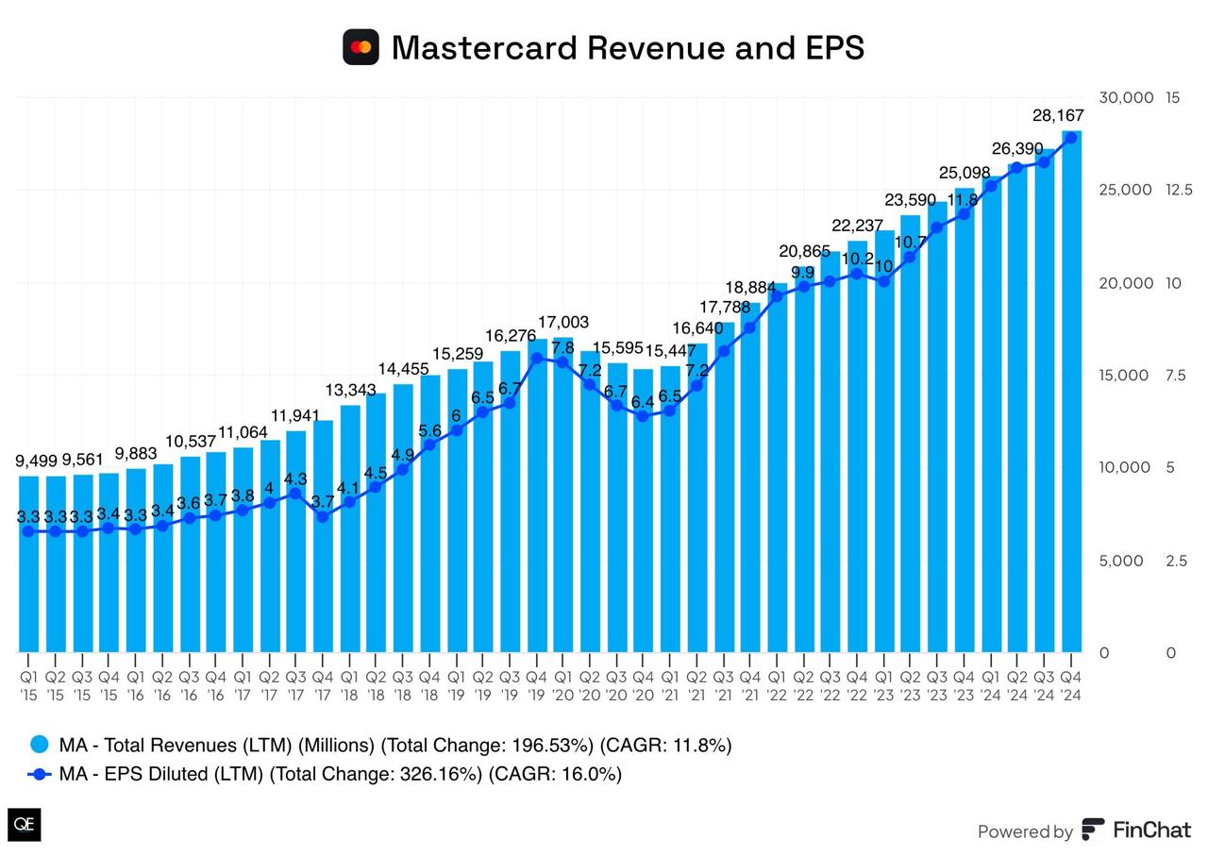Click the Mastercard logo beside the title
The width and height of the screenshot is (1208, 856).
361,47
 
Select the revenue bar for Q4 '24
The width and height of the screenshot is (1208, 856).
1071,396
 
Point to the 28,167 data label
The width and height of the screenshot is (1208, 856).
1058,116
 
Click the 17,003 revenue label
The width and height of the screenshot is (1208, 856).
563,323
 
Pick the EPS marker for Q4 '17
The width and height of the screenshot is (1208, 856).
323,516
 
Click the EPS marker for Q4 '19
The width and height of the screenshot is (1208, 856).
536,358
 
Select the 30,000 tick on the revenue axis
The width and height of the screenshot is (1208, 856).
1126,97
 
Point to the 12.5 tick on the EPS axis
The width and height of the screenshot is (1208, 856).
1179,190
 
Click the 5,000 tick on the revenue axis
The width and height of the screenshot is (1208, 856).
1122,561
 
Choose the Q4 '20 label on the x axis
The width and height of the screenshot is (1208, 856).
643,686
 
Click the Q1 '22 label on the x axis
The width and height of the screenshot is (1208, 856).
777,686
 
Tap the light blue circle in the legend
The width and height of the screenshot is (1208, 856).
40,745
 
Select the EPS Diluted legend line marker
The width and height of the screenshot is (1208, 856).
40,774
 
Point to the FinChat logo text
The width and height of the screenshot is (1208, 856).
1151,831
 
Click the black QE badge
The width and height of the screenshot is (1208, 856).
25,824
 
